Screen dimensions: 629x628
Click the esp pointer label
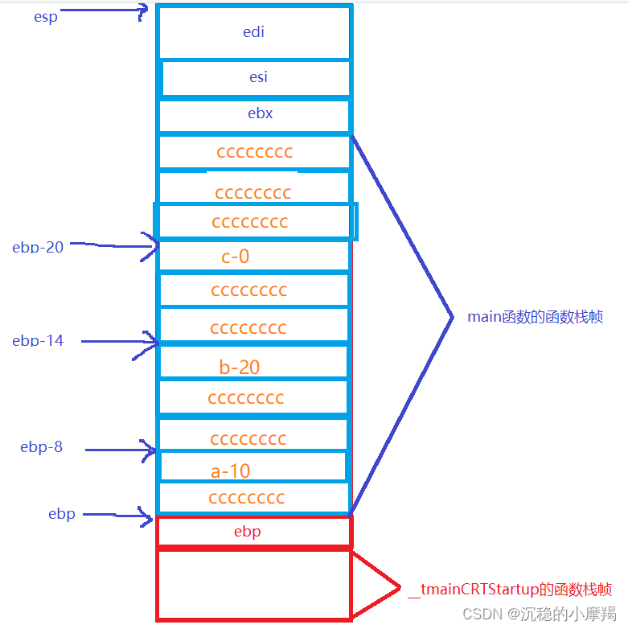[x=46, y=17]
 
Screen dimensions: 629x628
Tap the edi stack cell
[x=254, y=32]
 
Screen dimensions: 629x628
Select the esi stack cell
[x=258, y=77]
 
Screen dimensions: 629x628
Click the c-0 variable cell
[x=236, y=257]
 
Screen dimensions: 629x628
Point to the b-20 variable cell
[x=240, y=368]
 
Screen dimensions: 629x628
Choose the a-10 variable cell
[x=230, y=471]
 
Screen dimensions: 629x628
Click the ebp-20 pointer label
[x=38, y=247]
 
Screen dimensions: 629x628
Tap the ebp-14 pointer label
[x=38, y=340]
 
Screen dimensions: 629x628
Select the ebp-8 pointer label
[x=42, y=447]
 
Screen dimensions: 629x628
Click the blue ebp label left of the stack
[x=62, y=514]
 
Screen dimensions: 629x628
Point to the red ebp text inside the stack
[x=248, y=532]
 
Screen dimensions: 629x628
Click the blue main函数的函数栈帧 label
[x=536, y=317]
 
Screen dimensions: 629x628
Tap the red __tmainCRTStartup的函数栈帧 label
[x=510, y=590]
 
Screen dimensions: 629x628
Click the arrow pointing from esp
[x=105, y=11]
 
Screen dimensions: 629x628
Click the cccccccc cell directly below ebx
[x=254, y=152]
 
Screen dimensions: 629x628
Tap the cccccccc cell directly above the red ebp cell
[x=247, y=498]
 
